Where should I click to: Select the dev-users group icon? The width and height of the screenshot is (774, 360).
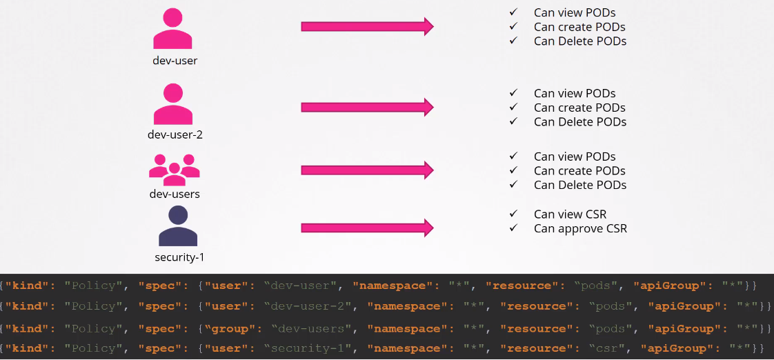coord(175,169)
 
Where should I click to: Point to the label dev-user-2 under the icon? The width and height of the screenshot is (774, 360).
coord(175,134)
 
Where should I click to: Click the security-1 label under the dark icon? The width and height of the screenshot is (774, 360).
coord(179,257)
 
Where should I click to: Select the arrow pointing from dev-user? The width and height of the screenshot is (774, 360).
coord(367,27)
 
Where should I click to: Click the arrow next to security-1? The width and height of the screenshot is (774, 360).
coord(367,228)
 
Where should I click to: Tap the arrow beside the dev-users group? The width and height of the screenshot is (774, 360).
coord(367,170)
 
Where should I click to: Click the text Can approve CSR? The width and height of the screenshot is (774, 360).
coord(580,228)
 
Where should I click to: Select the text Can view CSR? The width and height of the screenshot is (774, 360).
coord(570,214)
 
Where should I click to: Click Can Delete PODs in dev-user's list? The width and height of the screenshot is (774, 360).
coord(580,41)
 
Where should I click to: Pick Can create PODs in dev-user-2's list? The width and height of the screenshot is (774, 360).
coord(579,108)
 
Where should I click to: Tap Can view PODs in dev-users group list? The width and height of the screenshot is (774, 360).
coord(575,157)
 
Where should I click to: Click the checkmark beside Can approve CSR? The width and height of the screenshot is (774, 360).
coord(513,228)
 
